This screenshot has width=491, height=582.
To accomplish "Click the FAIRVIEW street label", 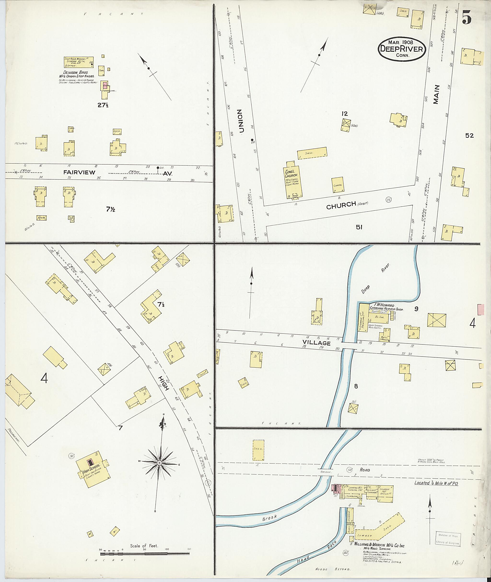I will click(x=79, y=173).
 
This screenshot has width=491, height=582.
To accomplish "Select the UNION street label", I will click(x=241, y=121).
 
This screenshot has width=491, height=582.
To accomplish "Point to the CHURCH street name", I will click(x=341, y=205).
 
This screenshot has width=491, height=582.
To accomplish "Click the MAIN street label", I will click(x=436, y=95).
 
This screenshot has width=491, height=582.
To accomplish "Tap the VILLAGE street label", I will click(x=316, y=343).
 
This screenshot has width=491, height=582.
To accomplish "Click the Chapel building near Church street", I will click(x=338, y=185).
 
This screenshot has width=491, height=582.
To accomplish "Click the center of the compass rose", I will click(x=159, y=463).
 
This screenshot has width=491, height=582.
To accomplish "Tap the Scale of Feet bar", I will click(x=145, y=550).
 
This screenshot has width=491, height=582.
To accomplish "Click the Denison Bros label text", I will click(x=76, y=72).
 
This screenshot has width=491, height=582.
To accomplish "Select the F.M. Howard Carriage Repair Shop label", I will click(x=386, y=307).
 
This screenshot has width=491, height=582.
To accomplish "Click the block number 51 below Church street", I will click(x=359, y=227).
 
